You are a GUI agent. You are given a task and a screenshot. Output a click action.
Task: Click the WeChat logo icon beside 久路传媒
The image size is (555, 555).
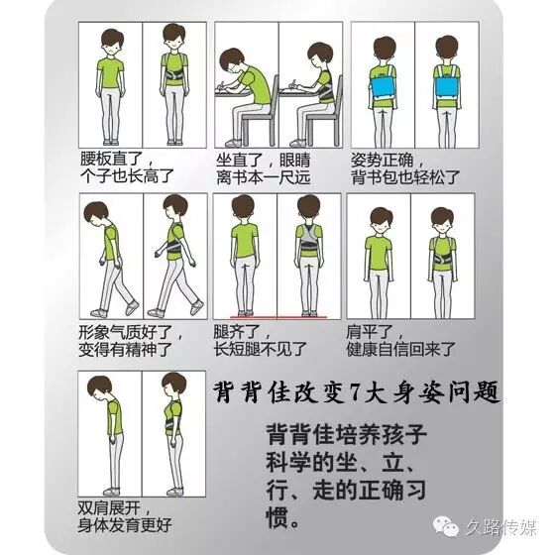(x=446, y=527)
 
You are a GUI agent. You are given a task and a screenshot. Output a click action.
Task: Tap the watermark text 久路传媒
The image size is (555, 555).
(x=500, y=527)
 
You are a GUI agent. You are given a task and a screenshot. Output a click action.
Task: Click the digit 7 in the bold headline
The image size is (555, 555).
(x=355, y=391)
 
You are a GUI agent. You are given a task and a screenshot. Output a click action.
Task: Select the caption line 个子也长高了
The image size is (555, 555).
(x=127, y=176)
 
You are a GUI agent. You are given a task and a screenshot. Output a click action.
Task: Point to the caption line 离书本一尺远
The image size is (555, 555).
(x=264, y=177)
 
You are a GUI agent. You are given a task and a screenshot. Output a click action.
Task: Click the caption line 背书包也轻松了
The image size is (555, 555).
(x=405, y=177)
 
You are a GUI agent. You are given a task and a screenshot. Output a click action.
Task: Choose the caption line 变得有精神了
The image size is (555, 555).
(x=125, y=349)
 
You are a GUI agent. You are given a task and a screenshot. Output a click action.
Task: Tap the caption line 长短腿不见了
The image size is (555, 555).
(x=260, y=349)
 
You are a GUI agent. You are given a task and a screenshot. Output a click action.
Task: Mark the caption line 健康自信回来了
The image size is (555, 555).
(x=400, y=349)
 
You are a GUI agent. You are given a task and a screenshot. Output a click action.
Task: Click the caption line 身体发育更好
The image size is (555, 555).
(x=125, y=525)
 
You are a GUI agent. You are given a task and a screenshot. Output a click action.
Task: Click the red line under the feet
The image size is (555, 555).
(x=278, y=317)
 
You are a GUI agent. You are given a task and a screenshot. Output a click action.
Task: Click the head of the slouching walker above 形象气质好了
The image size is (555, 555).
(x=95, y=214)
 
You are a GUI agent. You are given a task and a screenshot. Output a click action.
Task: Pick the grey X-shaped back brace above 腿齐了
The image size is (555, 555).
(x=309, y=241)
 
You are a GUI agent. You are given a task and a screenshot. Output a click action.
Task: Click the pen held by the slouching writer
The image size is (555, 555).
(x=223, y=85)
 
